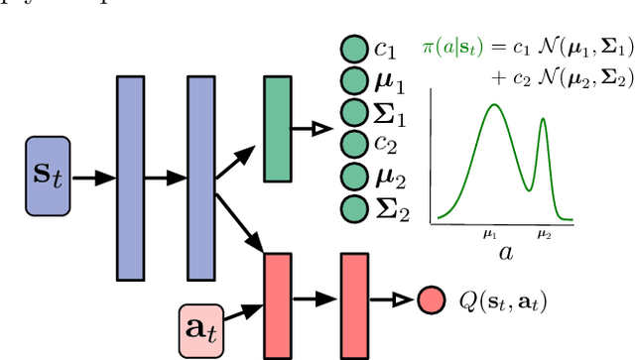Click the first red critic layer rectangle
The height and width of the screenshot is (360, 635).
pos(278,304)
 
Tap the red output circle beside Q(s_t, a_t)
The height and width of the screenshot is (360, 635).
pos(431,300)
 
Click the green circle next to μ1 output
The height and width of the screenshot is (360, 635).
pos(352,80)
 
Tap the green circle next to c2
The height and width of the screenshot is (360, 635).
pos(352,145)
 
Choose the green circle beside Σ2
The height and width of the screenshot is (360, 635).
pos(352,209)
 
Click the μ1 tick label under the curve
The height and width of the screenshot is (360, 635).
pos(488,235)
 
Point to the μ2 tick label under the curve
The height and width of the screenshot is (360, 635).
pos(544,235)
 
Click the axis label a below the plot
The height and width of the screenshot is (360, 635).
pos(505,254)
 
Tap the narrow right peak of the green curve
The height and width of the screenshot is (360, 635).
pos(543,121)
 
